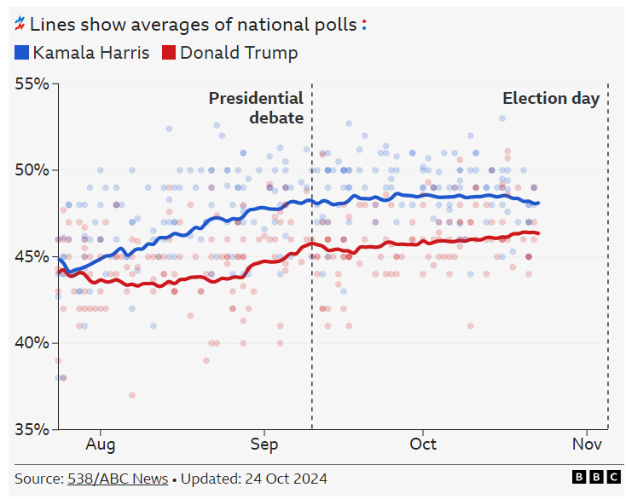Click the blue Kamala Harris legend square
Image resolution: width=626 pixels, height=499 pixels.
pos(23,53)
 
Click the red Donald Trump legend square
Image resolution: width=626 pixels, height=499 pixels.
pos(168,53)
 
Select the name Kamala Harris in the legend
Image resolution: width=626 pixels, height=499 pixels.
pos(91,53)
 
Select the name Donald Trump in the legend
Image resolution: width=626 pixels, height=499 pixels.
pos(239,53)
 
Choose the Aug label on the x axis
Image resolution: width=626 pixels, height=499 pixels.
pos(100,445)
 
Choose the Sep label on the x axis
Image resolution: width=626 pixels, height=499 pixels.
pos(264,445)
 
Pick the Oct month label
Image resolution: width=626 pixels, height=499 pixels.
pos(423,445)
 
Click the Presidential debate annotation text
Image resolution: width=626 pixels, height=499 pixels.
pos(257,108)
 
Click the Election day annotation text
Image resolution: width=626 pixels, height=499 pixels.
pos(550,99)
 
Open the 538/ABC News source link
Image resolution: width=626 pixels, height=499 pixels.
pos(118,479)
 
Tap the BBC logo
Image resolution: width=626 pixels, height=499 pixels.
pos(596,478)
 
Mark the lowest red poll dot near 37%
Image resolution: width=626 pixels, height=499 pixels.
pos(132,395)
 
